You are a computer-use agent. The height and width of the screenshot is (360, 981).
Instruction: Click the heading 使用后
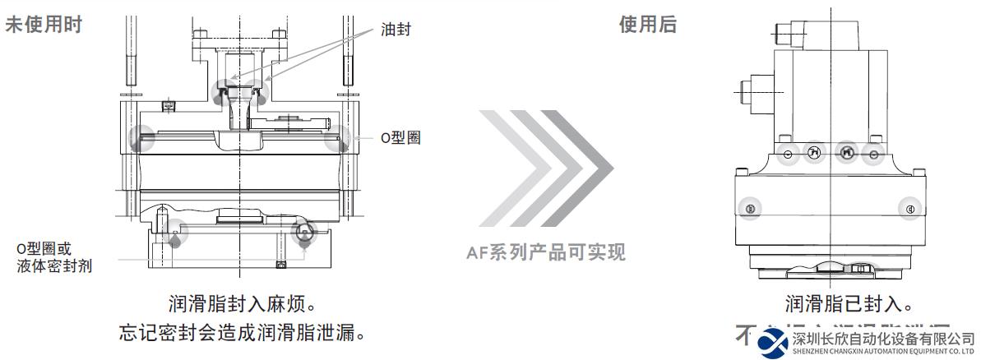click(647, 25)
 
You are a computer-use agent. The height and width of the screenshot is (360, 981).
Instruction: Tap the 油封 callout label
click(395, 30)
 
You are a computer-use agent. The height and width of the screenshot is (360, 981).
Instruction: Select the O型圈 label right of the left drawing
click(400, 137)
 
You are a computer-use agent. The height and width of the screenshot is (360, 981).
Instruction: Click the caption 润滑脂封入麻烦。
click(242, 305)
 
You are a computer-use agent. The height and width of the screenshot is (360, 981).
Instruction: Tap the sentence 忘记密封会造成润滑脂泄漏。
click(242, 335)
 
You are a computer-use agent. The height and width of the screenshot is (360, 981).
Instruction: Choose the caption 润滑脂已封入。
click(848, 305)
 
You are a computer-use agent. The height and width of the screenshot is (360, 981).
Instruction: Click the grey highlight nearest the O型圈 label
click(337, 140)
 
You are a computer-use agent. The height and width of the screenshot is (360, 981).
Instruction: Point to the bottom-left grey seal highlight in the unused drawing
click(175, 235)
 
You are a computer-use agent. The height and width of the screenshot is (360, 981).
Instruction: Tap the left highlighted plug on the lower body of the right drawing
click(749, 209)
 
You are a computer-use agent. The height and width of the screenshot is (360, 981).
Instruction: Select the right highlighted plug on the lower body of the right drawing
click(909, 209)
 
